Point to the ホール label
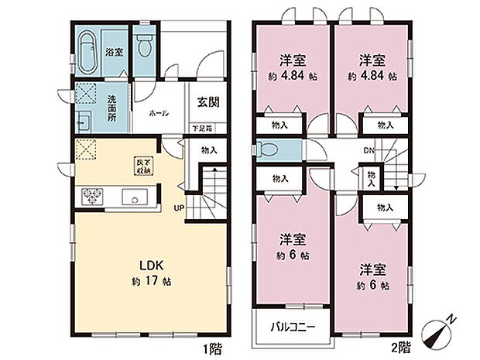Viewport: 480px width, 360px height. (160, 114)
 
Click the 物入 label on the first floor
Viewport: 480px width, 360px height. (208, 150)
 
